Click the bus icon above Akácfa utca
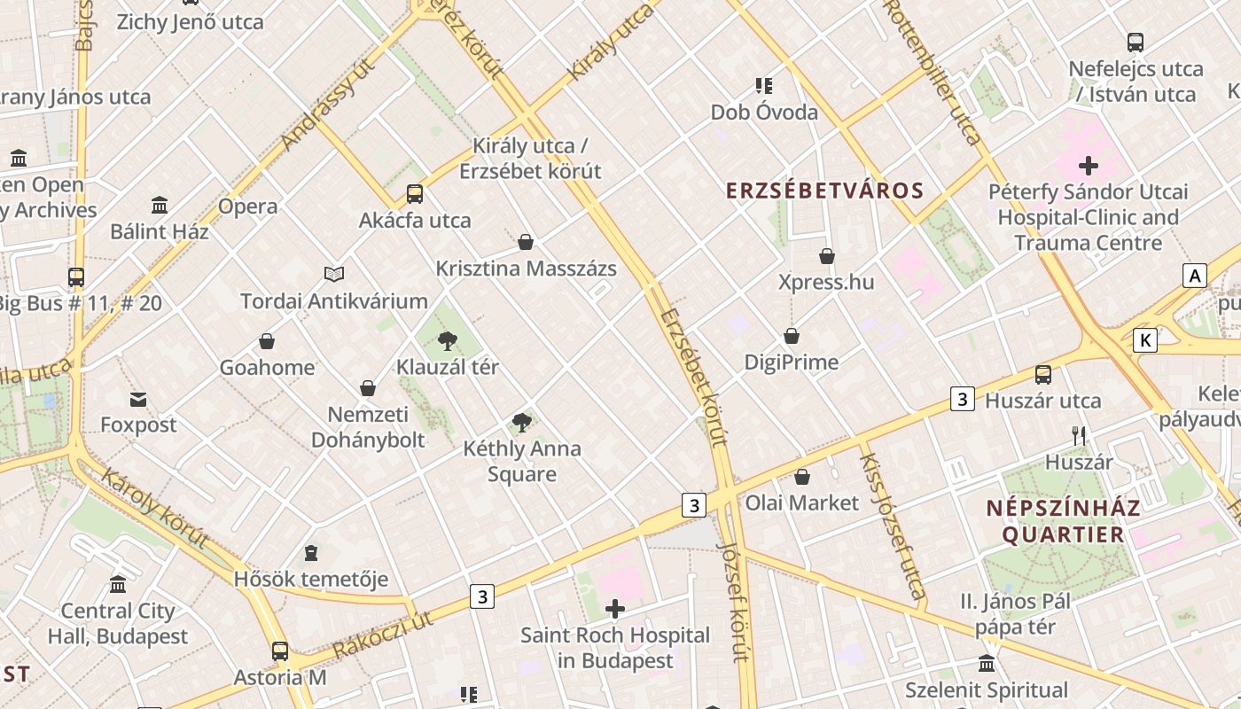pyautogui.click(x=414, y=193)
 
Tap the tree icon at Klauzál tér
pyautogui.click(x=448, y=340)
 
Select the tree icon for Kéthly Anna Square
pyautogui.click(x=522, y=422)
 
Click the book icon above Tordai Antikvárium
pyautogui.click(x=333, y=275)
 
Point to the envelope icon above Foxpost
pyautogui.click(x=138, y=399)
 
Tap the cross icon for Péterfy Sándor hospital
pyautogui.click(x=1088, y=166)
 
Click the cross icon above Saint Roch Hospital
pyautogui.click(x=614, y=609)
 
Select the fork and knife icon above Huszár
pyautogui.click(x=1079, y=435)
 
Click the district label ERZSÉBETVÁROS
pyautogui.click(x=824, y=191)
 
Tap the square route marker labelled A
pyautogui.click(x=1195, y=277)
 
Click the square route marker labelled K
pyautogui.click(x=1146, y=339)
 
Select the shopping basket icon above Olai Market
pyautogui.click(x=802, y=477)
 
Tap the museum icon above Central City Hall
pyautogui.click(x=118, y=584)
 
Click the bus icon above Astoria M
pyautogui.click(x=280, y=651)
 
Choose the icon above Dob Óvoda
pyautogui.click(x=764, y=86)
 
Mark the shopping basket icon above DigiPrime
pyautogui.click(x=792, y=336)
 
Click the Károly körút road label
pyautogui.click(x=155, y=508)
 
